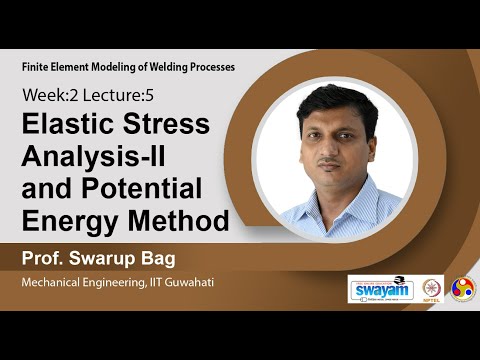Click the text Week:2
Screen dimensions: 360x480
tap(47, 96)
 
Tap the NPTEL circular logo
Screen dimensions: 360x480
tap(433, 289)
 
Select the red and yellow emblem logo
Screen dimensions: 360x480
tap(463, 289)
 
